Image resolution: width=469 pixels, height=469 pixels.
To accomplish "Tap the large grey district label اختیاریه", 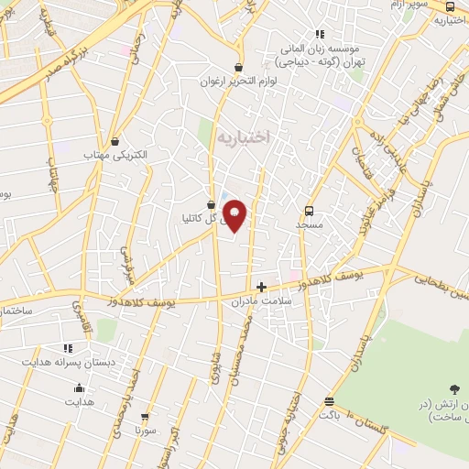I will tap(245, 137).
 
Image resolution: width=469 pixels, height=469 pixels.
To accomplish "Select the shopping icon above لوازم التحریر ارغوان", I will tap(239, 67).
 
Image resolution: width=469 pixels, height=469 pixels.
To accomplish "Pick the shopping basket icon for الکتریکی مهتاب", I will tap(115, 141).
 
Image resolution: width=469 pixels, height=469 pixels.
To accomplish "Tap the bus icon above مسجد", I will tap(309, 210).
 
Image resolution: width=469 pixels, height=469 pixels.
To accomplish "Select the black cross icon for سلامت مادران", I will tap(261, 286).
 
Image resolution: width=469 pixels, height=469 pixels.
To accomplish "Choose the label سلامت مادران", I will tap(261, 300).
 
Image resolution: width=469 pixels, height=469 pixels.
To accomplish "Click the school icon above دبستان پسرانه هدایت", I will tap(67, 348).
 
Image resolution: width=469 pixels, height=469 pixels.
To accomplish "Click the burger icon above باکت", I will tap(329, 401).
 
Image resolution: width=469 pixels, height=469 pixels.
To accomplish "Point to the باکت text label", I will tap(329, 415).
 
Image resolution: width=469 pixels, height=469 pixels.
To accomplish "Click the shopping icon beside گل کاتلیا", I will tap(212, 204).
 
